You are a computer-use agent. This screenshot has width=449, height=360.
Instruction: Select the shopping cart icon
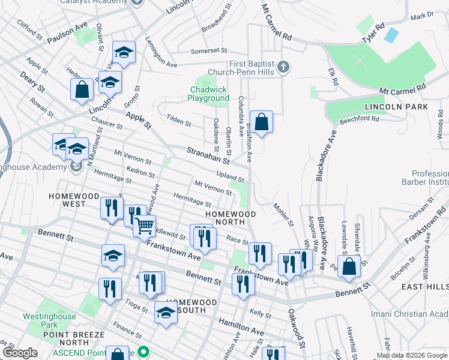[145, 226]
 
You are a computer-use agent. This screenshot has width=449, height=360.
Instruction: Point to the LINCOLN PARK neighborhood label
[396, 107]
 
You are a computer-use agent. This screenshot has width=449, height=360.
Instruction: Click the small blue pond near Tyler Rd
[391, 35]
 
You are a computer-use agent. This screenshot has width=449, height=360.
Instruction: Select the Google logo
[20, 353]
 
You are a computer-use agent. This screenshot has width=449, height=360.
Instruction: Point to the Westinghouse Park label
[49, 320]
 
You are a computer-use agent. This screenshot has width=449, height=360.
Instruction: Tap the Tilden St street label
[179, 122]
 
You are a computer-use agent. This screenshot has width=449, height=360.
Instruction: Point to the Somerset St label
[209, 52]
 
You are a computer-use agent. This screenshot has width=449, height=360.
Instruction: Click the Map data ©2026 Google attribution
[411, 355]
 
